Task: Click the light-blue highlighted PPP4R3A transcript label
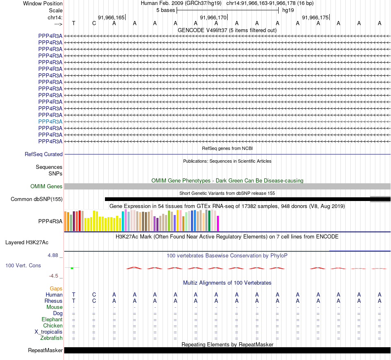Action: (50, 122)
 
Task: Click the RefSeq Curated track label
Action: (44, 154)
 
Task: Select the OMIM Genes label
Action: (47, 187)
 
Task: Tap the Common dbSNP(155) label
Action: (37, 199)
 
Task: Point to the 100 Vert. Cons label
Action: (23, 266)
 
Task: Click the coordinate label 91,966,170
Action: (213, 18)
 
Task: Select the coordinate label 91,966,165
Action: (111, 18)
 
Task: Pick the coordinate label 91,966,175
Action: (315, 18)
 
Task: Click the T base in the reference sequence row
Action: (74, 23)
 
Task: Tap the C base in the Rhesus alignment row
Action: (94, 301)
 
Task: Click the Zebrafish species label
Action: (51, 338)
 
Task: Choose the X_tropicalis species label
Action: (49, 332)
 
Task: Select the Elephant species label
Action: (52, 320)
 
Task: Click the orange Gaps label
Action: (56, 289)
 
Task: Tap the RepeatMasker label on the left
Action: (45, 351)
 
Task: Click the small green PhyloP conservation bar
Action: (72, 268)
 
